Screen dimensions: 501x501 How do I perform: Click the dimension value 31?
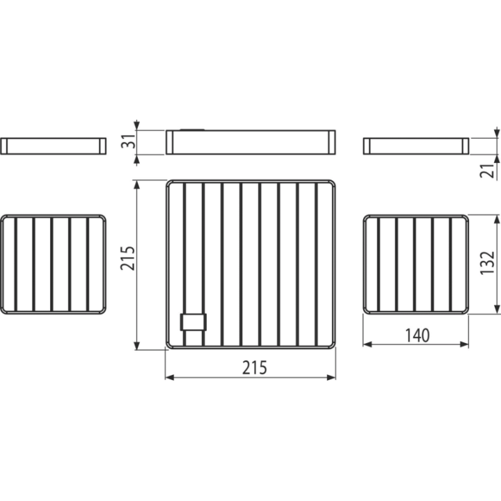(129, 141)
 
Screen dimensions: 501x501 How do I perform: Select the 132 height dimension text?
(488, 262)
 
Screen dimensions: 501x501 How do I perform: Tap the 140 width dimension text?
(417, 335)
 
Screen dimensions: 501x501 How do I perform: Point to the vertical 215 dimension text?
(128, 258)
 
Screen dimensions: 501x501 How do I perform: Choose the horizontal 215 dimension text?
(255, 367)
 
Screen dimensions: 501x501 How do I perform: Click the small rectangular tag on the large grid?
(193, 322)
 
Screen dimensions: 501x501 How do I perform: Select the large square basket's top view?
(250, 264)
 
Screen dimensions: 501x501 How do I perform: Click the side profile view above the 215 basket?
(250, 142)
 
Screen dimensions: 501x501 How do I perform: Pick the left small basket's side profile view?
(54, 146)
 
